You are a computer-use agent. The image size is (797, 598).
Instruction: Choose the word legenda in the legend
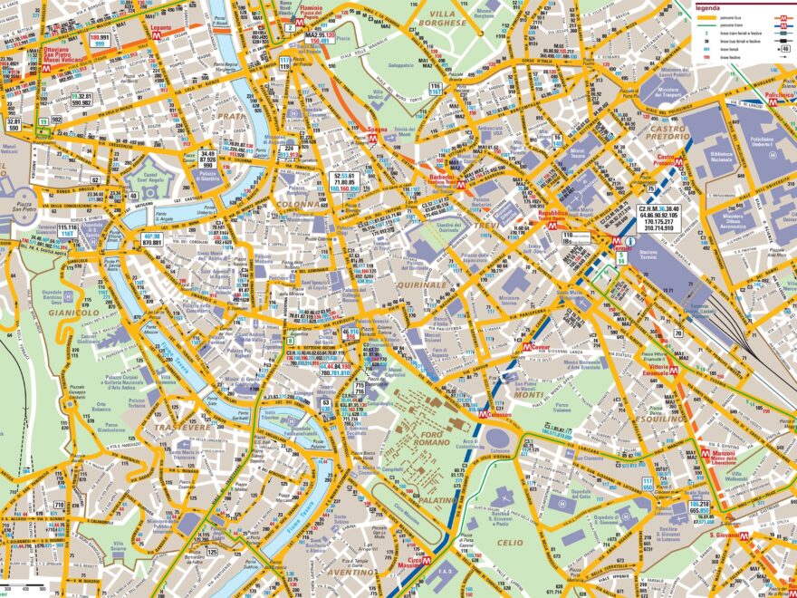[707, 6]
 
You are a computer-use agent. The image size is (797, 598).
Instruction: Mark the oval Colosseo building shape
[496, 439]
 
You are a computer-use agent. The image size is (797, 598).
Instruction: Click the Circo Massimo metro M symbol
[426, 562]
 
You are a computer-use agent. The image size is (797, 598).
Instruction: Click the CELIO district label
[510, 542]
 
